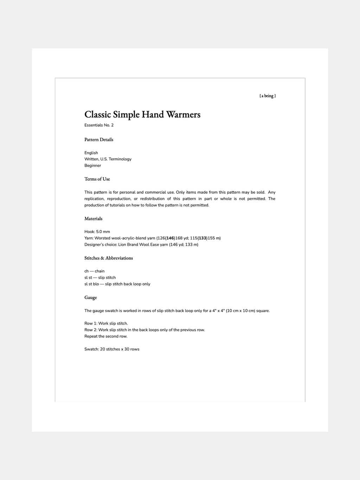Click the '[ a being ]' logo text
[268, 96]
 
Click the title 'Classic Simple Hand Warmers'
[142, 115]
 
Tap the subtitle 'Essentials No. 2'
[99, 125]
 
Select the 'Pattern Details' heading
[99, 140]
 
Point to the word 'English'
[91, 153]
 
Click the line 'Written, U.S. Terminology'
[108, 159]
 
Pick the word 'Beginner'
[92, 166]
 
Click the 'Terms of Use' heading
[97, 179]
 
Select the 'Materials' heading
[94, 219]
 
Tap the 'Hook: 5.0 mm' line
[97, 232]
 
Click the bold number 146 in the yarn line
[171, 238]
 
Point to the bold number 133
[202, 238]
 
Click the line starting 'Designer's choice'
[141, 245]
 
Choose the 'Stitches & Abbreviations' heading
[109, 258]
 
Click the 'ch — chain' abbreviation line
[94, 271]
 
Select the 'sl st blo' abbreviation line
[117, 284]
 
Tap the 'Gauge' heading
[91, 297]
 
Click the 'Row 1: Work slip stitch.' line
[106, 324]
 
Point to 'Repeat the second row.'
[106, 337]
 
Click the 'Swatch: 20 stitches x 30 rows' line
[112, 349]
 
